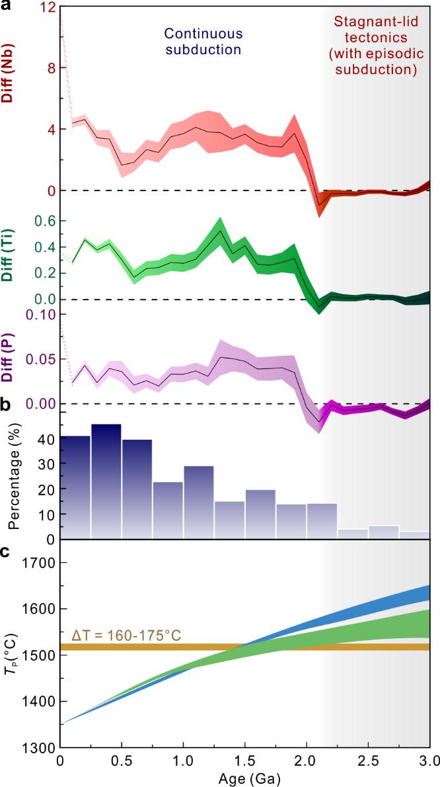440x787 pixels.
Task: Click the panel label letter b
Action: [x=5, y=405]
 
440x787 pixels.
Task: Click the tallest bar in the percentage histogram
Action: [x=106, y=481]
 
